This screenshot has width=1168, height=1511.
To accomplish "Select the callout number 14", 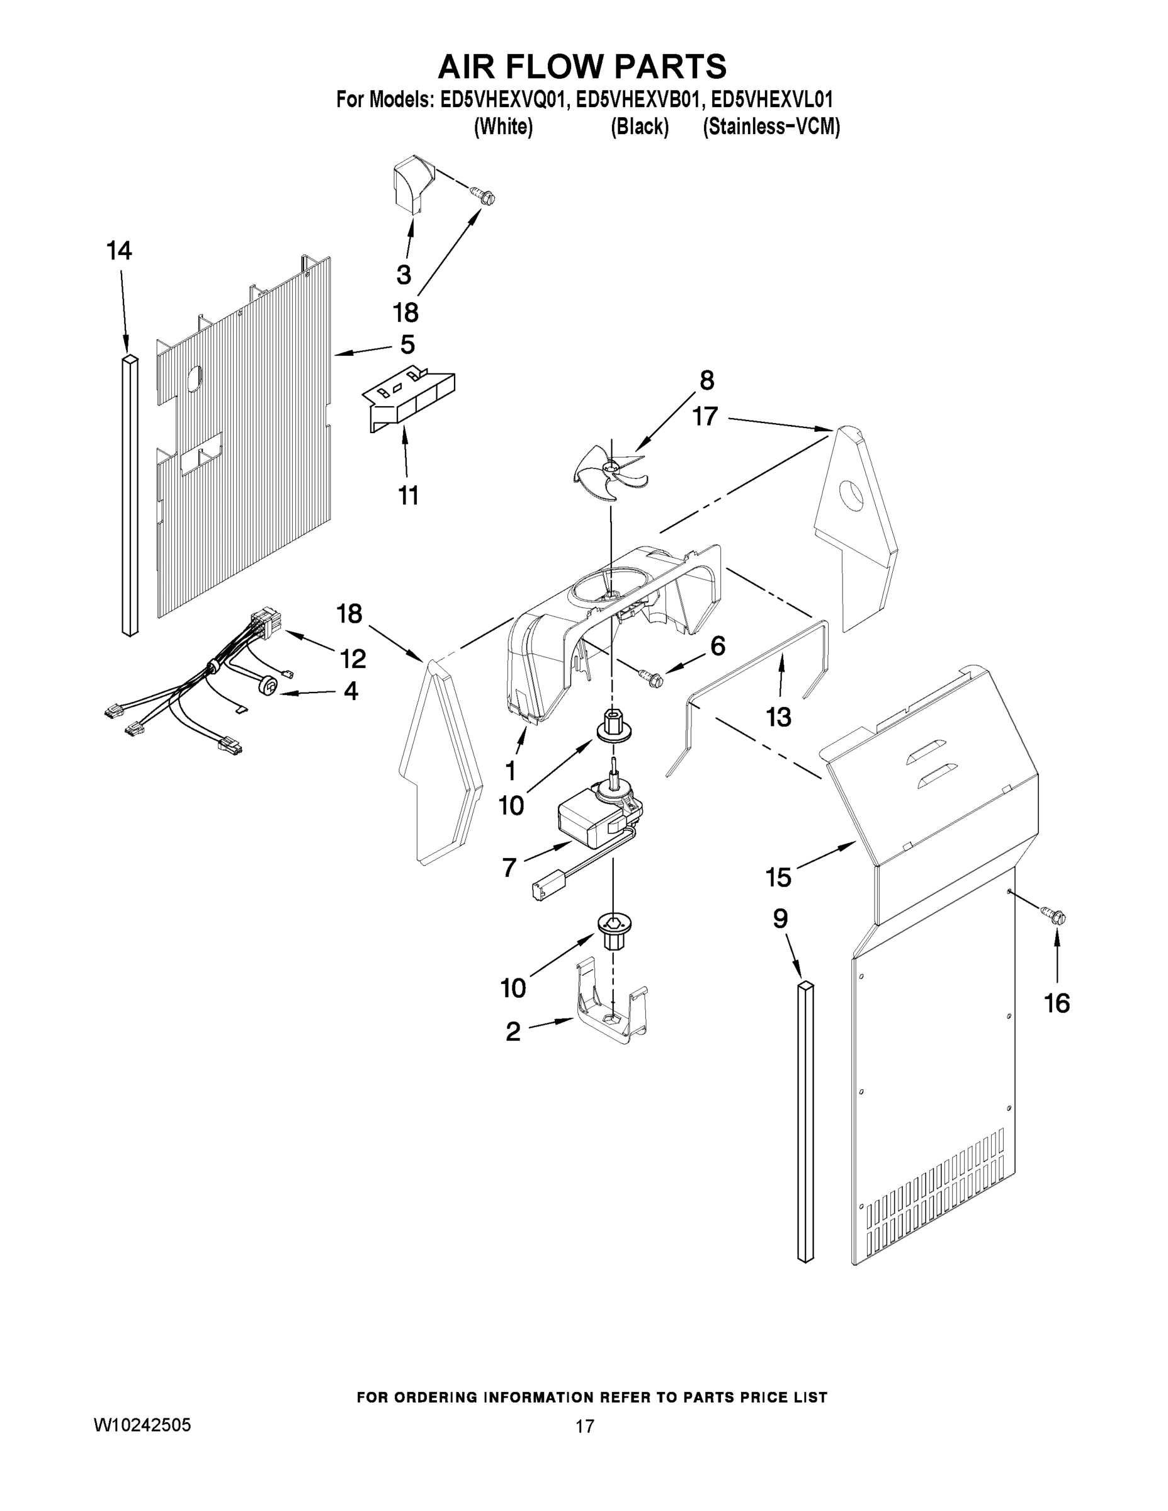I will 119,251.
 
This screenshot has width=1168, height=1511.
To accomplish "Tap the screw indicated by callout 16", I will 1056,916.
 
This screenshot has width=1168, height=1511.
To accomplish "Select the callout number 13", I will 778,718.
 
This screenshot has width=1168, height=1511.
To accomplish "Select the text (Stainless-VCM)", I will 771,127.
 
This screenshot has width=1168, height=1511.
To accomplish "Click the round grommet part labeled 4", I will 268,686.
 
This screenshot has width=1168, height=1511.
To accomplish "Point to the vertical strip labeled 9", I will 805,1121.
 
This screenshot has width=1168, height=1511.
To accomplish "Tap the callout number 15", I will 778,877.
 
